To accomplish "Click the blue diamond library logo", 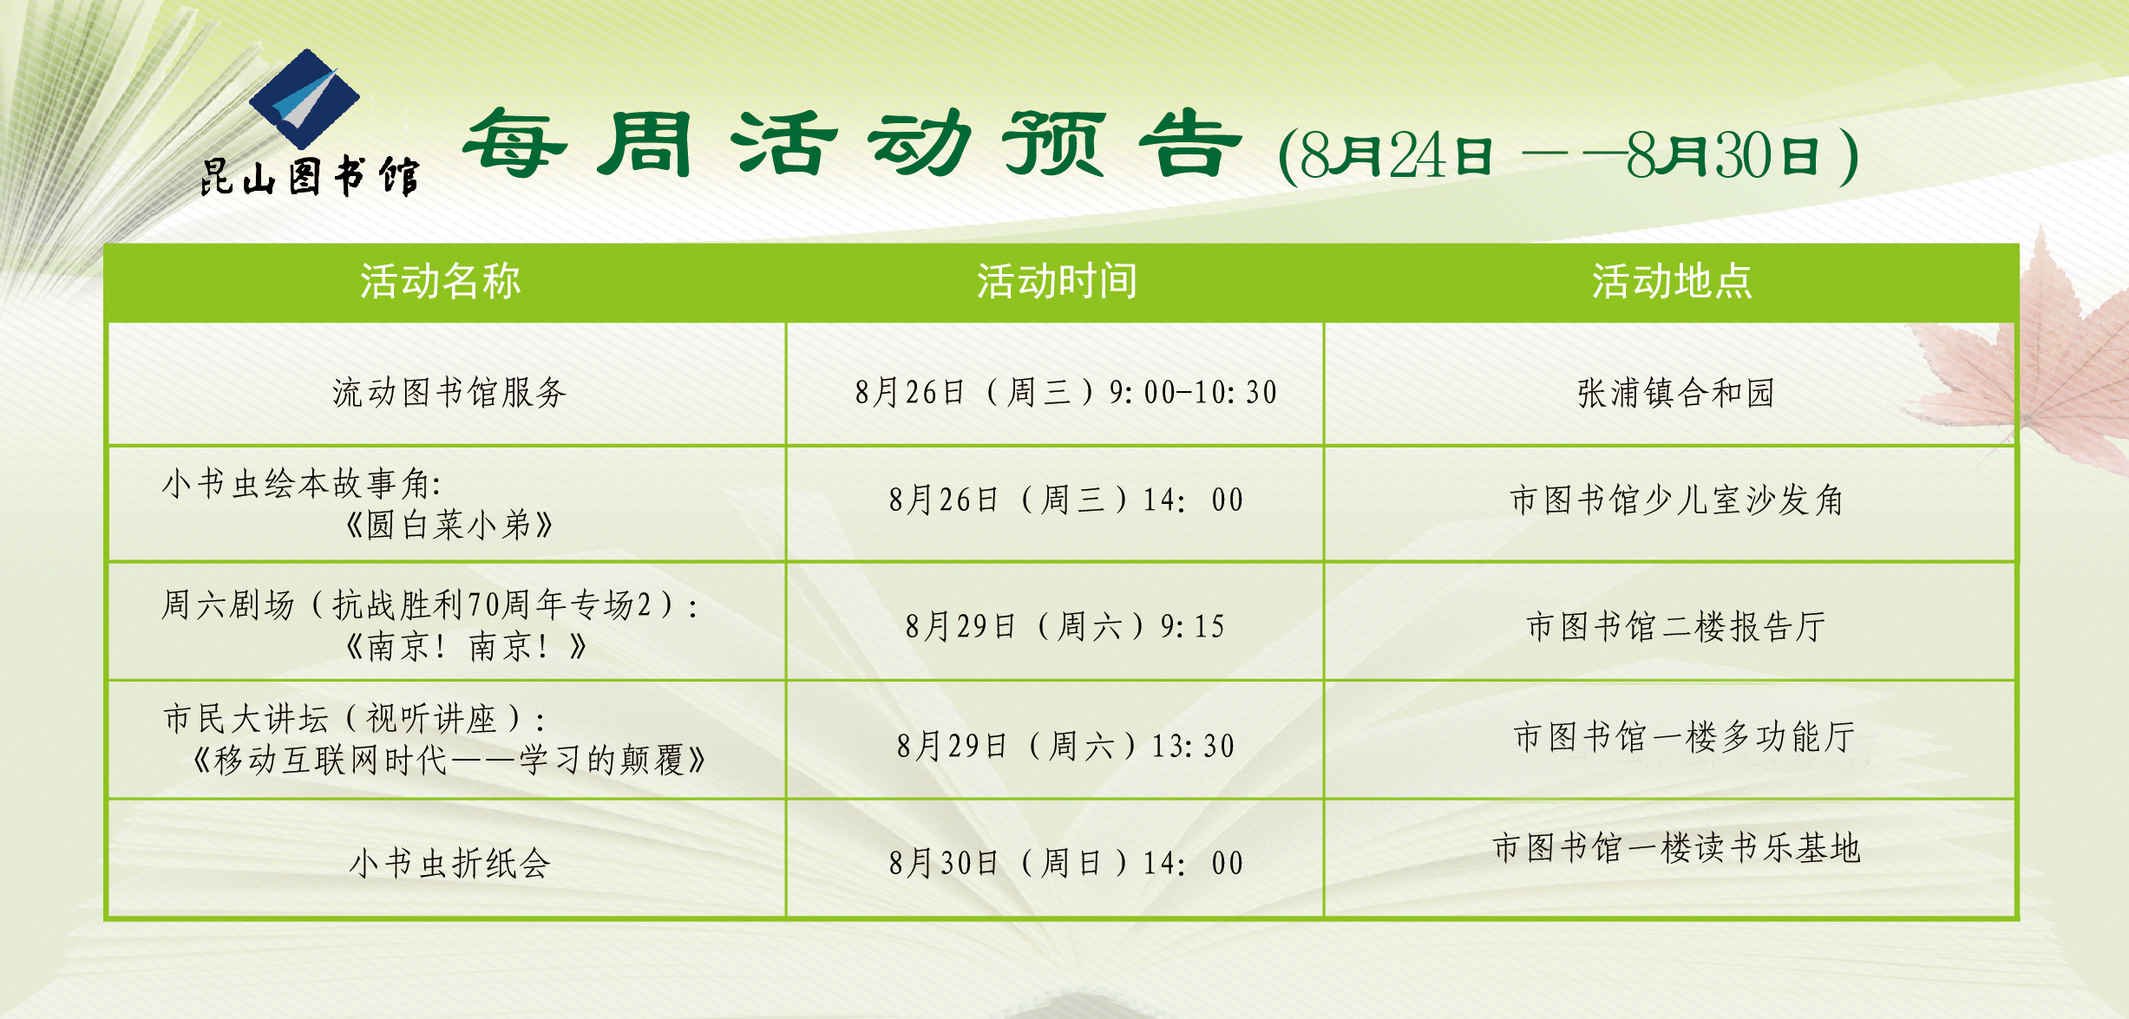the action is point(305,99).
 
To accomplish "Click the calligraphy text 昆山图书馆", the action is point(311,176).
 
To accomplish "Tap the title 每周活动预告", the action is point(853,144).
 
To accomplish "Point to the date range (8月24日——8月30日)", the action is point(1569,157).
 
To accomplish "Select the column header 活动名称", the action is point(441,281).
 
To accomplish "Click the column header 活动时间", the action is point(1057,281).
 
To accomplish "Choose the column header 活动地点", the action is point(1672,281).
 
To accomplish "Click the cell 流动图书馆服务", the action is point(449,393).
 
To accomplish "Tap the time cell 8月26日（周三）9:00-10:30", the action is point(1066,393).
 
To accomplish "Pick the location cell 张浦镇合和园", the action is point(1676,393).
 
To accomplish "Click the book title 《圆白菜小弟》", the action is point(449,525).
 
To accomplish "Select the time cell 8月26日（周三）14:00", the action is point(1066,500).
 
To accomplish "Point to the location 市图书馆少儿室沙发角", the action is point(1676,500).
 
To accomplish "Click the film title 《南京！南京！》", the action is point(466,646).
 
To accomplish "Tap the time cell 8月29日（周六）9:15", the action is point(1065,626).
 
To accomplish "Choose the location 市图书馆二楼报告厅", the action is point(1676,626).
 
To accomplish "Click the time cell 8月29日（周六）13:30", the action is point(1065,746).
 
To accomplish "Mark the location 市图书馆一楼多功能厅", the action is point(1685,737).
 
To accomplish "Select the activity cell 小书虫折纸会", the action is point(449,864).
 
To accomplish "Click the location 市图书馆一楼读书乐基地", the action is point(1676,848).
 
